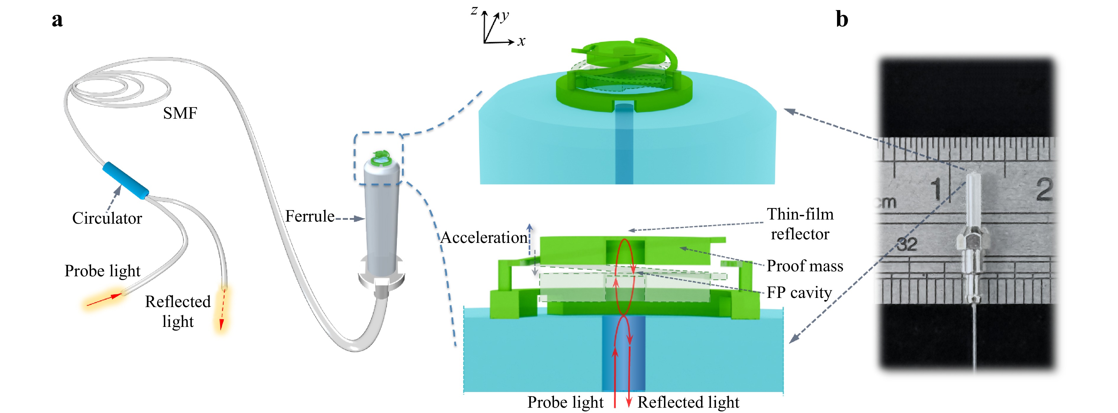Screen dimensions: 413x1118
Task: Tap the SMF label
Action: tap(180, 113)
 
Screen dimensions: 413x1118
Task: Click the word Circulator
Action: tap(107, 218)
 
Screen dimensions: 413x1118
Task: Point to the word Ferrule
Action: tap(309, 216)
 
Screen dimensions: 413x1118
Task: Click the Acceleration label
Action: tap(484, 238)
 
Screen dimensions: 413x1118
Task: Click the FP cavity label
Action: tap(799, 293)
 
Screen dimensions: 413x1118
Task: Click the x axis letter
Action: tap(521, 42)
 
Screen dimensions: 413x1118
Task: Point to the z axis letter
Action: tap(474, 10)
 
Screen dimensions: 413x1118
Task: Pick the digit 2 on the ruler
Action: tap(1044, 189)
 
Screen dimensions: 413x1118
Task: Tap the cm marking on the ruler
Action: tap(885, 202)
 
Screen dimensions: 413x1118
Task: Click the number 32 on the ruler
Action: tap(907, 244)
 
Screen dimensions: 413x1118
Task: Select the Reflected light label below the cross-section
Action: tap(688, 402)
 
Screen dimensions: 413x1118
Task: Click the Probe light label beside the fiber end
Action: tap(102, 271)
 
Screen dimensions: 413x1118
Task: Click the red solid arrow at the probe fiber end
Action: tap(104, 300)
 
